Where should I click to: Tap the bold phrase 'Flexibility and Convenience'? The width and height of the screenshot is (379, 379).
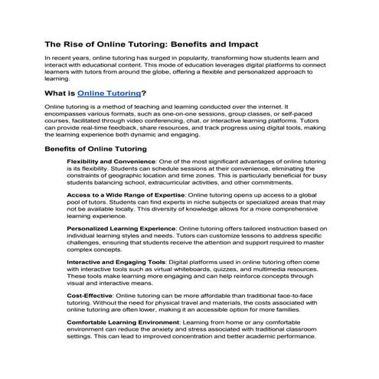[x=111, y=162]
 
